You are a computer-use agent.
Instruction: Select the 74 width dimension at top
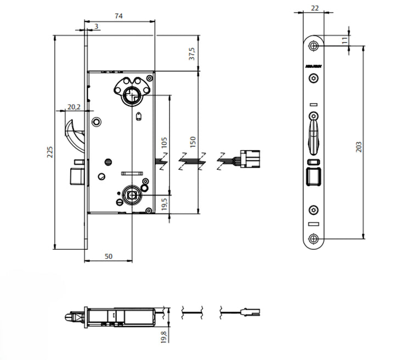coord(119,16)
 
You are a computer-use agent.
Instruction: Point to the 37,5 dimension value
coord(193,55)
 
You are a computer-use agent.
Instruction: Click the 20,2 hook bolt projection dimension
coord(74,107)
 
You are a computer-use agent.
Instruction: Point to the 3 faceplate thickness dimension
coord(96,26)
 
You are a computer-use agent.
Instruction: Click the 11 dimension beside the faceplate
coord(344,40)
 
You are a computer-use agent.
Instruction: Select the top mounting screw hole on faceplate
coord(313,45)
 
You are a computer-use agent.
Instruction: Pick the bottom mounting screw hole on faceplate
coord(313,238)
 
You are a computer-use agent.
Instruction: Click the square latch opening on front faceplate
coord(313,178)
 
